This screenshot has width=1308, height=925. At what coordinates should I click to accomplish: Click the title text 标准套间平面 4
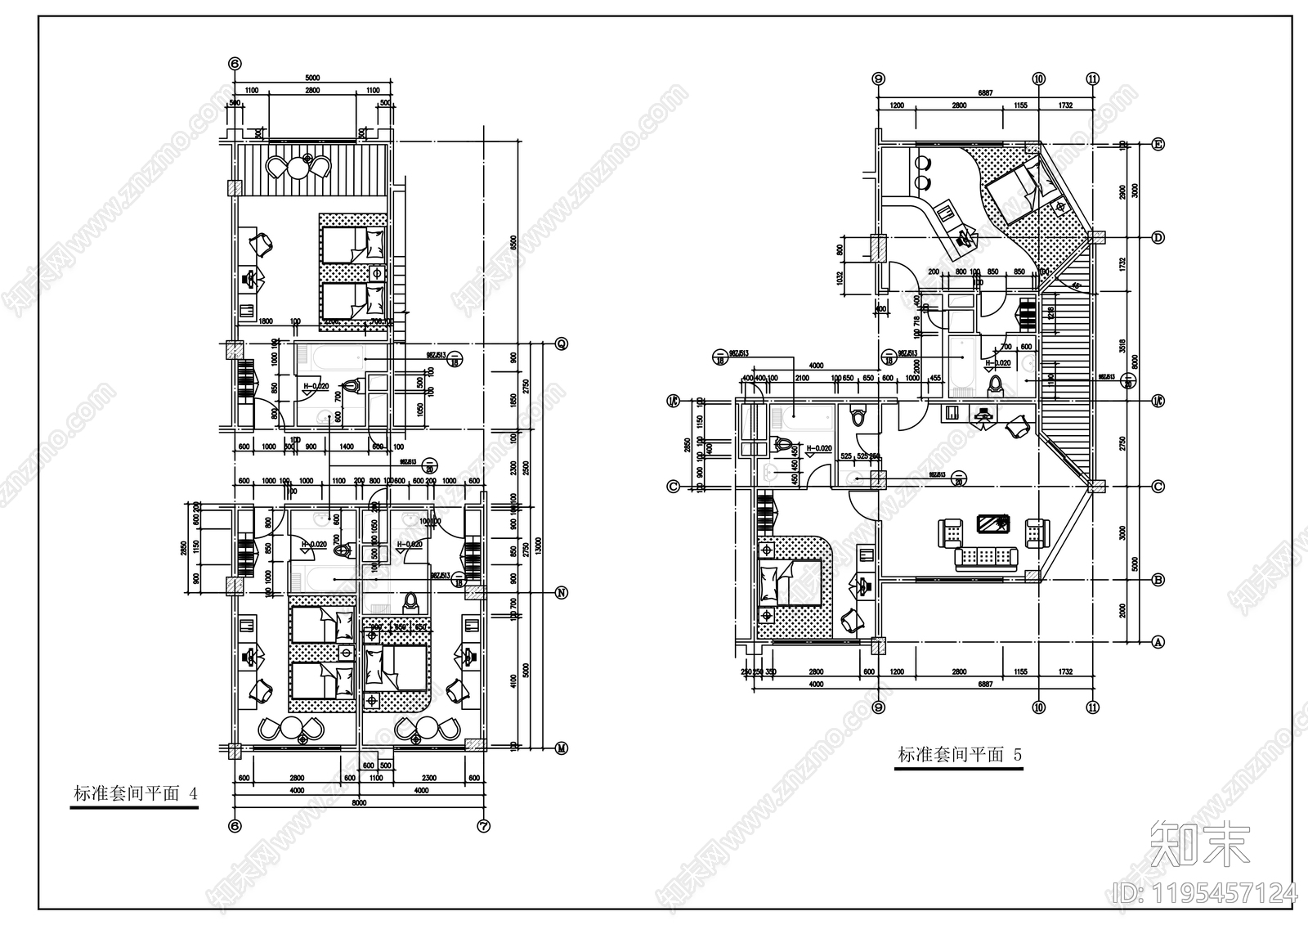pyautogui.click(x=135, y=794)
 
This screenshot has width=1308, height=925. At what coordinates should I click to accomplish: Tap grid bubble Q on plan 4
pyautogui.click(x=562, y=343)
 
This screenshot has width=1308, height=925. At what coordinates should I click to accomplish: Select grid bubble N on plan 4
pyautogui.click(x=562, y=592)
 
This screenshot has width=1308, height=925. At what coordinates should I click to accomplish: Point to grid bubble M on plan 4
pyautogui.click(x=562, y=748)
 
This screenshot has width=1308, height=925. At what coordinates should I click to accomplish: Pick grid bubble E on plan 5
pyautogui.click(x=1158, y=144)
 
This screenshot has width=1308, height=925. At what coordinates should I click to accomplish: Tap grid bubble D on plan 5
pyautogui.click(x=1158, y=237)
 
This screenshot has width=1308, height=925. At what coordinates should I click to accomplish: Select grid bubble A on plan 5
pyautogui.click(x=1158, y=643)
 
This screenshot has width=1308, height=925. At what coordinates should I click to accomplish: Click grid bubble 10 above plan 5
pyautogui.click(x=1038, y=79)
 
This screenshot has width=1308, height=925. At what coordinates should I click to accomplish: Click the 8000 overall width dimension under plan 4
pyautogui.click(x=358, y=803)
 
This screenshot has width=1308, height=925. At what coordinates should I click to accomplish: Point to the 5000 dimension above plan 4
pyautogui.click(x=313, y=79)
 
